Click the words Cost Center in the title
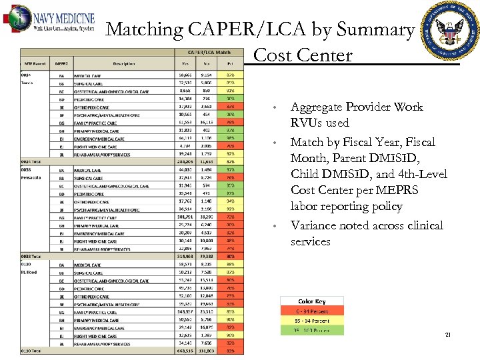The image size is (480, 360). [x=303, y=55]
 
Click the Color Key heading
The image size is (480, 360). [x=311, y=302]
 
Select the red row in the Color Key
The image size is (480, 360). [x=311, y=311]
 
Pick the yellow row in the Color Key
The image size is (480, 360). [x=311, y=320]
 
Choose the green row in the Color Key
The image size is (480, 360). [x=311, y=329]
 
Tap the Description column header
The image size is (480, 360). [x=123, y=64]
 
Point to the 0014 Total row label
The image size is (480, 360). [x=31, y=161]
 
